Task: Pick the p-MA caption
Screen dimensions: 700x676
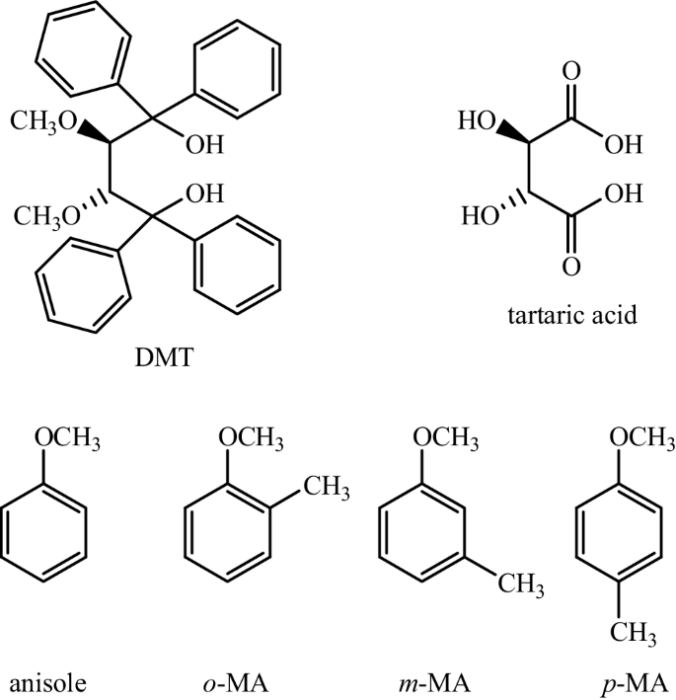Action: point(614,681)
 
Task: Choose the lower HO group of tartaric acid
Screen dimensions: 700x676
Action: point(475,214)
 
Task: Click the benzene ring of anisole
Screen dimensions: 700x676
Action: point(47,535)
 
